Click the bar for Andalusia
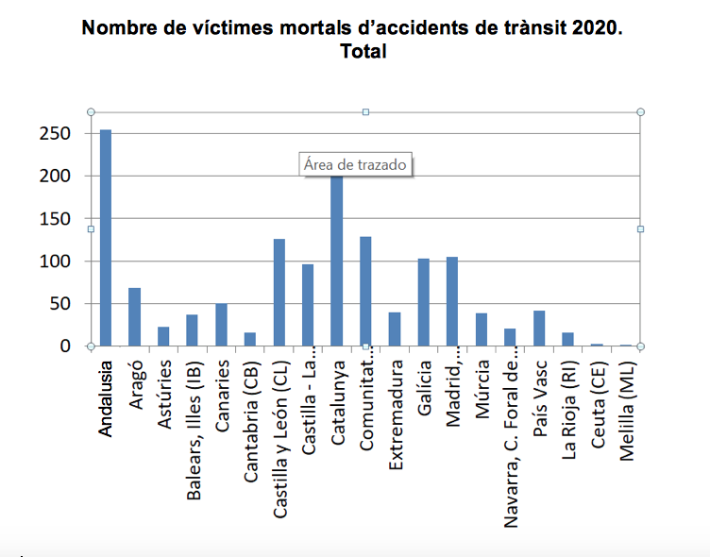pyautogui.click(x=106, y=238)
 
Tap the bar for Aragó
pyautogui.click(x=135, y=317)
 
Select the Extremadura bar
pyautogui.click(x=395, y=329)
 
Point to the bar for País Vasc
pyautogui.click(x=539, y=328)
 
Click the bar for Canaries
pyautogui.click(x=222, y=325)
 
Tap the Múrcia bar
pyautogui.click(x=482, y=329)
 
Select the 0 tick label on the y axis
pyautogui.click(x=66, y=346)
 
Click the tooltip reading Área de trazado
pyautogui.click(x=355, y=164)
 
